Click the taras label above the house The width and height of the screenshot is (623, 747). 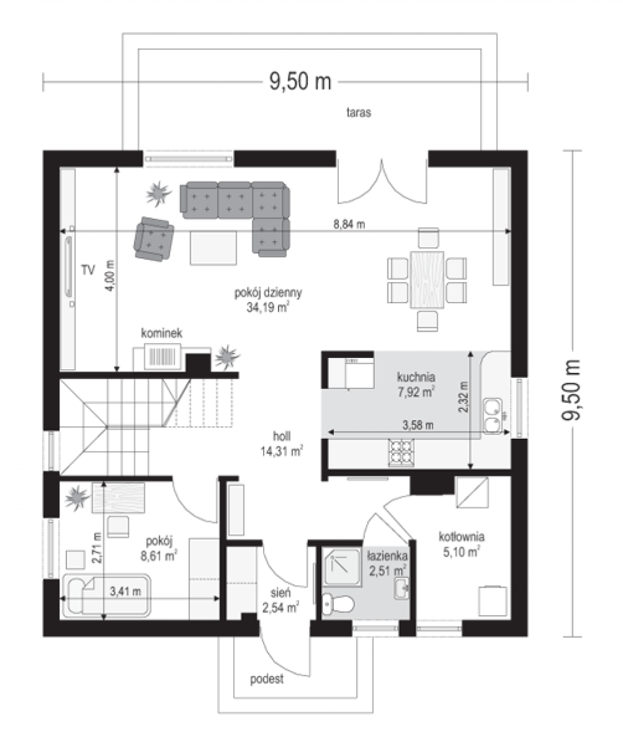(359, 112)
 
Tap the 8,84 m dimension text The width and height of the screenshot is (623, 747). (349, 224)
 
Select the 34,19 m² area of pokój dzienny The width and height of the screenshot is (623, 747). (268, 308)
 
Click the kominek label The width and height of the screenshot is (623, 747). (162, 333)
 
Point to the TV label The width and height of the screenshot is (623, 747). (88, 270)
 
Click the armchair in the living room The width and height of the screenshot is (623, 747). (154, 238)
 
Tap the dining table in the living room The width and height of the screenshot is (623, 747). (427, 280)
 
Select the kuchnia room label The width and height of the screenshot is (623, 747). (416, 377)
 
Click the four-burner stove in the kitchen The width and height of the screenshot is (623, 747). (402, 453)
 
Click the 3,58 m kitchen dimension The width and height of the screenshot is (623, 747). (418, 425)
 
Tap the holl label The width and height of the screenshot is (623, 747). (282, 436)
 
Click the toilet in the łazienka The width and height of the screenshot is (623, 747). (338, 604)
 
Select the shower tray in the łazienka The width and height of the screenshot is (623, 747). (342, 568)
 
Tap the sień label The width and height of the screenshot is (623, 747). (280, 593)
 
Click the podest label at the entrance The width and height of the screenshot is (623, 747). (267, 679)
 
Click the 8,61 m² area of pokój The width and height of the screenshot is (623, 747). (159, 556)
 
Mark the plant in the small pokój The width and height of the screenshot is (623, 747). (76, 497)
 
